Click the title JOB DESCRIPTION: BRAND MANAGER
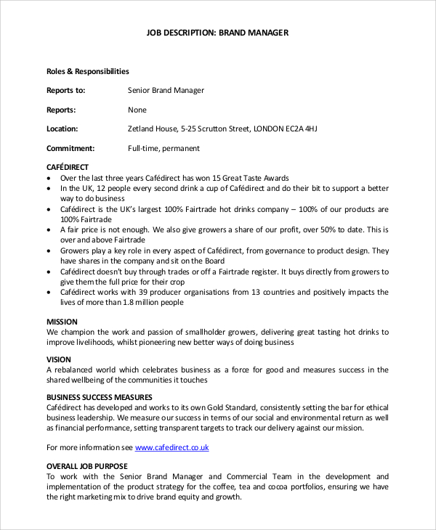[x=218, y=33]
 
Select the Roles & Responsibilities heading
[x=87, y=71]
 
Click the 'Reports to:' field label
[x=66, y=91]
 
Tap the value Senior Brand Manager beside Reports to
[x=166, y=91]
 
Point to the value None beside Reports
[x=137, y=110]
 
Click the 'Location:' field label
[x=62, y=129]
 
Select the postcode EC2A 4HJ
[x=301, y=129]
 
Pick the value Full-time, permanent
[x=163, y=149]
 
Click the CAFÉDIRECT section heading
[x=68, y=168]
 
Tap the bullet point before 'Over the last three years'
[x=49, y=179]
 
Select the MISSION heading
[x=62, y=321]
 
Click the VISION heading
[x=59, y=359]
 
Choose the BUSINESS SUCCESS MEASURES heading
[x=100, y=397]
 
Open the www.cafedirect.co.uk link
[x=171, y=447]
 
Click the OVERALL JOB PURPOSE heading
[x=86, y=466]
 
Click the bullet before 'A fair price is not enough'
[x=49, y=230]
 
